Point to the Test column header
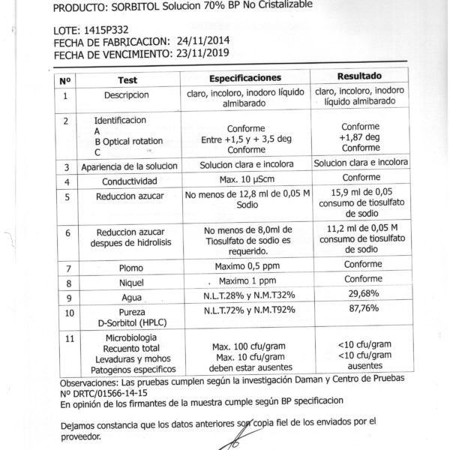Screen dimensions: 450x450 [127, 79]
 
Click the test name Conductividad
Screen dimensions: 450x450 [129, 181]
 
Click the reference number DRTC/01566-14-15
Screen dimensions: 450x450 [99, 392]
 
